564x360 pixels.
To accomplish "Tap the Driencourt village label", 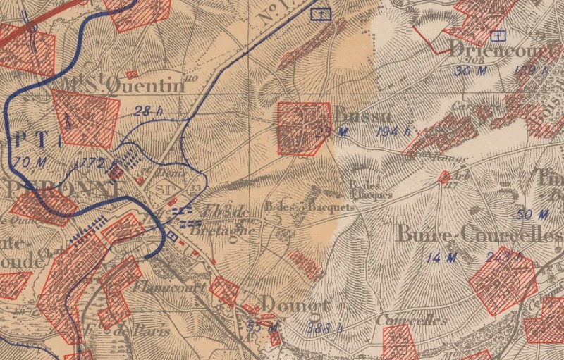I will pyautogui.click(x=503, y=49).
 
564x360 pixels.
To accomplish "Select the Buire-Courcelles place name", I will pyautogui.click(x=479, y=235).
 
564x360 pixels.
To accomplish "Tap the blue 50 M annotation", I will pyautogui.click(x=532, y=214).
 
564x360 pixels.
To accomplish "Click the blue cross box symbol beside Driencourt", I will pyautogui.click(x=499, y=35).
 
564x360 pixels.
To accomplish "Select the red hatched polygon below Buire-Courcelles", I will pyautogui.click(x=502, y=280).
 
